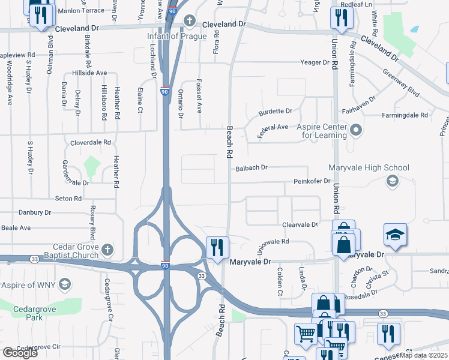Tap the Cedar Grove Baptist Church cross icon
(107, 248)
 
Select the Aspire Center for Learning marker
(357, 129)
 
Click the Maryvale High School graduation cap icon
(393, 181)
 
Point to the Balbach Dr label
(252, 168)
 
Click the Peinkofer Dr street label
(312, 181)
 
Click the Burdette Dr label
(275, 112)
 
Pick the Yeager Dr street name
(315, 62)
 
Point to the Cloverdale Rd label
(91, 143)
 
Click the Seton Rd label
(68, 199)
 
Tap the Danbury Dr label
(35, 212)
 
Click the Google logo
(20, 353)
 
